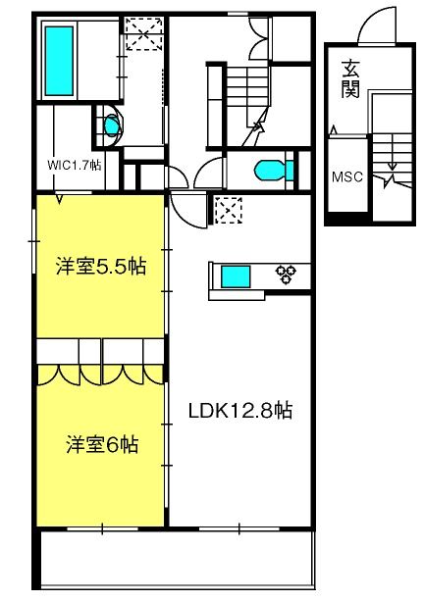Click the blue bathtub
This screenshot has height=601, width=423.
[59, 61]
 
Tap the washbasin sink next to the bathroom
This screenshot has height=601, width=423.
[111, 125]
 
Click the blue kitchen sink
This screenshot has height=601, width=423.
[236, 276]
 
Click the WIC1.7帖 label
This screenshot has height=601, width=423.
[75, 166]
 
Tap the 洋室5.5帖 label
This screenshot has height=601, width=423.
[100, 266]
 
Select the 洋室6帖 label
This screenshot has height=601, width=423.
[102, 444]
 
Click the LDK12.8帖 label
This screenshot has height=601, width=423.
[240, 411]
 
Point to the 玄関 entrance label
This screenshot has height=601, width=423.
[350, 78]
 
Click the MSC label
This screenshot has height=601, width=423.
[347, 176]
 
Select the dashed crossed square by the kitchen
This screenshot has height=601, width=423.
[229, 210]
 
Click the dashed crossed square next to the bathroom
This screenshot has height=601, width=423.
[144, 33]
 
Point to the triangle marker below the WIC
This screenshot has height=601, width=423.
[59, 199]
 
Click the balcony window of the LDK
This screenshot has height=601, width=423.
[239, 529]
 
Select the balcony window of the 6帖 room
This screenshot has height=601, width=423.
[102, 529]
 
